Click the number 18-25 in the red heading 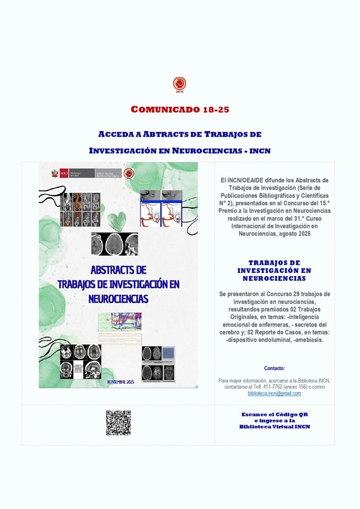pyautogui.click(x=216, y=109)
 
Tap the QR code pyautogui.click(x=118, y=423)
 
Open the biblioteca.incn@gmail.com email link pyautogui.click(x=274, y=393)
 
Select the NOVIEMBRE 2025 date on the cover pyautogui.click(x=121, y=382)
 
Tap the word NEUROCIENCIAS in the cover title pyautogui.click(x=118, y=299)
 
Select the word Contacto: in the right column pyautogui.click(x=274, y=368)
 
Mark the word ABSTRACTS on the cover pyautogui.click(x=118, y=270)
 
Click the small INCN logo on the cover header pyautogui.click(x=128, y=173)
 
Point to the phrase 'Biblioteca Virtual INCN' pyautogui.click(x=274, y=426)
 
